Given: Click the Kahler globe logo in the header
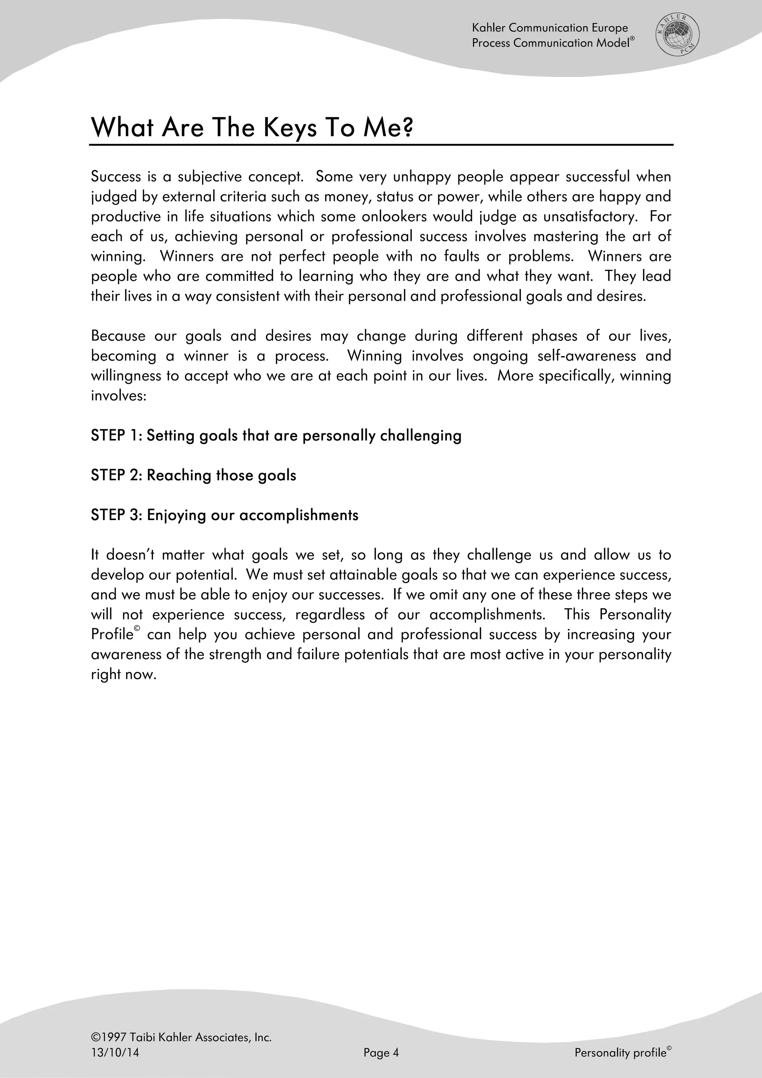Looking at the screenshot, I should [x=677, y=35].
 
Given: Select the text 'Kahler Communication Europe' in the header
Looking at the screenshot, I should [x=550, y=28].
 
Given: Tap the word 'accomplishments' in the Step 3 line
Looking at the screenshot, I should [x=299, y=516].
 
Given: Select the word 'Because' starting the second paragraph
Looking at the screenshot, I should [x=118, y=336].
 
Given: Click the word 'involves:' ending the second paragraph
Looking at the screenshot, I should [x=119, y=396].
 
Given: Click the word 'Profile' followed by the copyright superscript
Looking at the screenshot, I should [x=112, y=635].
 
